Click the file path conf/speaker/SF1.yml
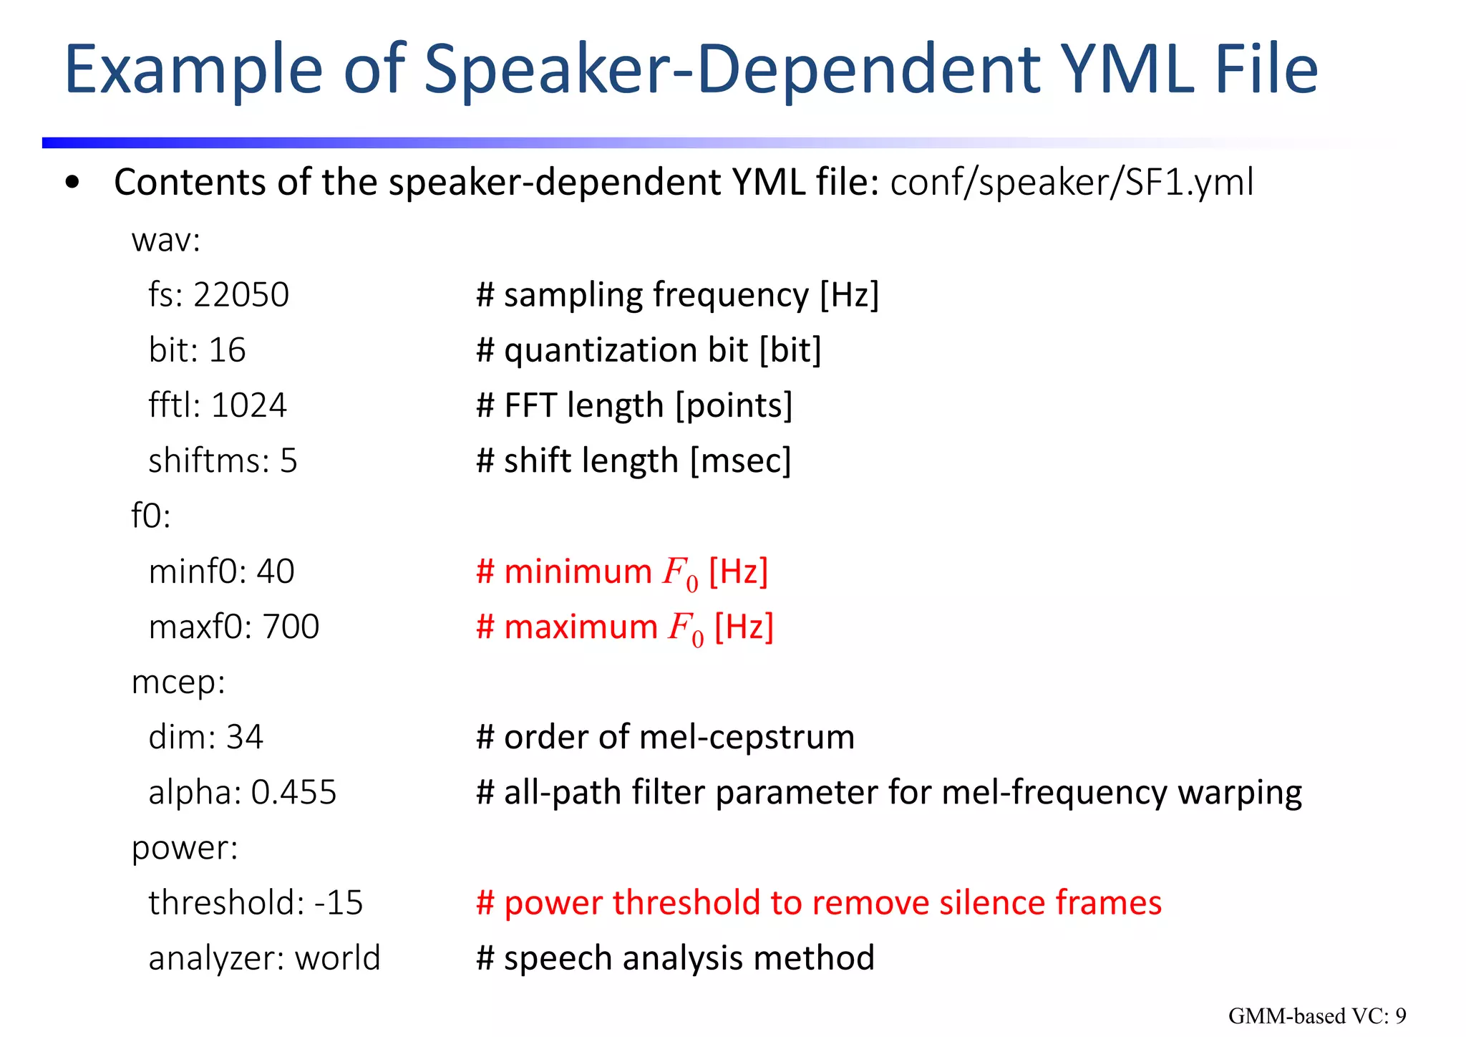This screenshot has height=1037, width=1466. click(x=1072, y=182)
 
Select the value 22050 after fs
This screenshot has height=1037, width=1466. click(x=241, y=295)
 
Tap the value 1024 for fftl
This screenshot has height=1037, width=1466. click(x=249, y=405)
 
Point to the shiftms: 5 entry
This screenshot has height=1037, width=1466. click(x=223, y=460)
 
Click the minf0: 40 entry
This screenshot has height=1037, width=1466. click(x=221, y=571)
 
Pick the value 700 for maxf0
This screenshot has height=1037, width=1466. click(x=291, y=627)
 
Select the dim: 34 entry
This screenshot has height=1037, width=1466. click(x=205, y=737)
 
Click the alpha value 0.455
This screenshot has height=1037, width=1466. click(x=293, y=792)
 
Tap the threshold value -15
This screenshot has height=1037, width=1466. click(x=339, y=902)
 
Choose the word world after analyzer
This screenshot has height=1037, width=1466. click(x=338, y=958)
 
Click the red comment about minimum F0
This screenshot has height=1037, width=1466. click(x=622, y=572)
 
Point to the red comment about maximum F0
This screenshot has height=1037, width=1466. click(x=625, y=627)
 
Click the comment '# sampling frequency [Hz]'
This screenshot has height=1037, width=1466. click(x=677, y=295)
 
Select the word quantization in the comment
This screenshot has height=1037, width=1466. click(x=601, y=350)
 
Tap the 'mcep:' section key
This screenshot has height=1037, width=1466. click(x=178, y=682)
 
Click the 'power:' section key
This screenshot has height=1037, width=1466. click(x=185, y=848)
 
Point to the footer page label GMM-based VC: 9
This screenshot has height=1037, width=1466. click(x=1317, y=1016)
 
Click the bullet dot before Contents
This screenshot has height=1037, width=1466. click(x=72, y=183)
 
